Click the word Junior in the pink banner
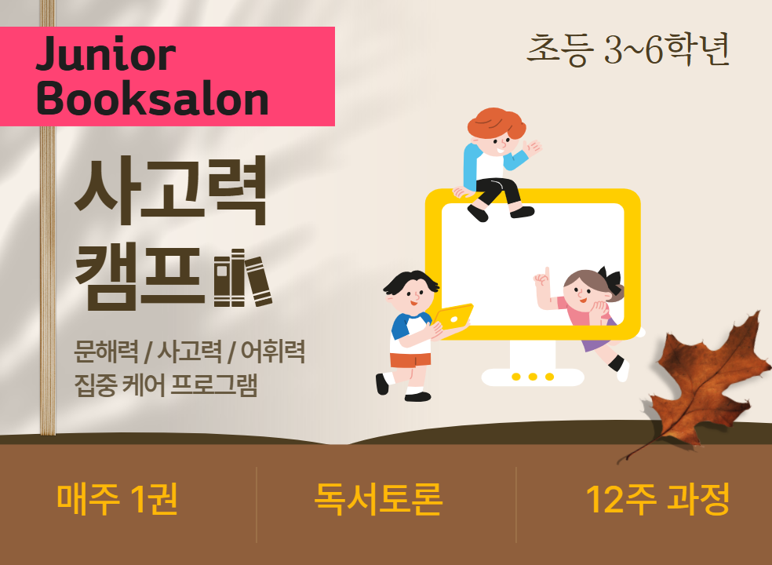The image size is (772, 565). [x=105, y=53]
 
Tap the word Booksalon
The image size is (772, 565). [x=152, y=99]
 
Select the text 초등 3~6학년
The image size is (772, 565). [x=628, y=49]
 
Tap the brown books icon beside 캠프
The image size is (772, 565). [x=242, y=279]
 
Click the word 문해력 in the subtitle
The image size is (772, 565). [x=106, y=351]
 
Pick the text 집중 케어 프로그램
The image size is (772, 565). [x=166, y=385]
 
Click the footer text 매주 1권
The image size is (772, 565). [x=117, y=500]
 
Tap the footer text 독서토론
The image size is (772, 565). [x=379, y=500]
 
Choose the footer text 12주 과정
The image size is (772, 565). [x=657, y=500]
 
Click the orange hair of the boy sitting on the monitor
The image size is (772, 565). [x=497, y=122]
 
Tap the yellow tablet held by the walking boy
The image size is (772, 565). [x=453, y=319]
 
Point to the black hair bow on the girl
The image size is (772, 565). [x=610, y=279]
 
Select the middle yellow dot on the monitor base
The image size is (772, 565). [x=532, y=377]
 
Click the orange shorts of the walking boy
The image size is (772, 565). [x=410, y=360]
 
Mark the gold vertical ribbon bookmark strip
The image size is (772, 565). [x=48, y=217]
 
